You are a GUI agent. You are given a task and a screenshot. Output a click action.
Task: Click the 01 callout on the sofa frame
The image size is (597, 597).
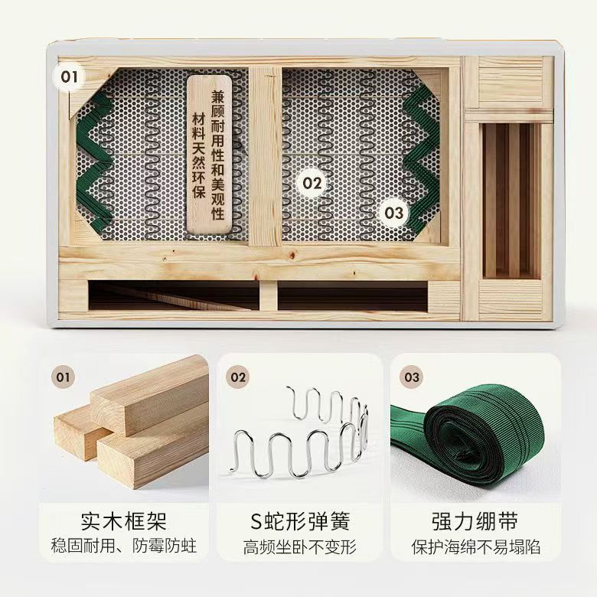click(x=69, y=77)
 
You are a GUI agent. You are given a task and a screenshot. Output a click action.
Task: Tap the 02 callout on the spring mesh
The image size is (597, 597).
click(x=312, y=183)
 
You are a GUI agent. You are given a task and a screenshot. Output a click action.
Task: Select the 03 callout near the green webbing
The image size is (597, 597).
click(x=393, y=213)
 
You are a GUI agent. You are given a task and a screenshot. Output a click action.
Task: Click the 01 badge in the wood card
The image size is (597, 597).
click(x=64, y=377)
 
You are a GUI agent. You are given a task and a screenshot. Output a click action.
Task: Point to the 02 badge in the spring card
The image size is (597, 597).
click(x=238, y=377)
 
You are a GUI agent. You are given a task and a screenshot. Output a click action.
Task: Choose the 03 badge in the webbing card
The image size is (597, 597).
click(x=412, y=377)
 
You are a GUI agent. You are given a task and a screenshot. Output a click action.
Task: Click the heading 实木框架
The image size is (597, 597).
click(x=124, y=521)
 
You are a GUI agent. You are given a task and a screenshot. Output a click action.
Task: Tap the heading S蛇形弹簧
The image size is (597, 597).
click(x=300, y=521)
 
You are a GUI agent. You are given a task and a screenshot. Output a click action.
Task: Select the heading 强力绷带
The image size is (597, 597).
click(x=475, y=521)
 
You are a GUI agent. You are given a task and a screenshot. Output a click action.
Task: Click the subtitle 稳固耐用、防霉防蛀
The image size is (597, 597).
click(x=124, y=546)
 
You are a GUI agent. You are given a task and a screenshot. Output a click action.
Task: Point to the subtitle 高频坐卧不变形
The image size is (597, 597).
click(x=300, y=547)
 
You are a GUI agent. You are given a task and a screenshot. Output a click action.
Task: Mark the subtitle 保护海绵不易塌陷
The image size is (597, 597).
click(x=476, y=547)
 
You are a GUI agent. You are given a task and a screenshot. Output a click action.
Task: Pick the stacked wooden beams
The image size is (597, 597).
click(x=132, y=422)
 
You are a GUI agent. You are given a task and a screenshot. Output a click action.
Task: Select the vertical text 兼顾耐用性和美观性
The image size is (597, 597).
click(x=217, y=155)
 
